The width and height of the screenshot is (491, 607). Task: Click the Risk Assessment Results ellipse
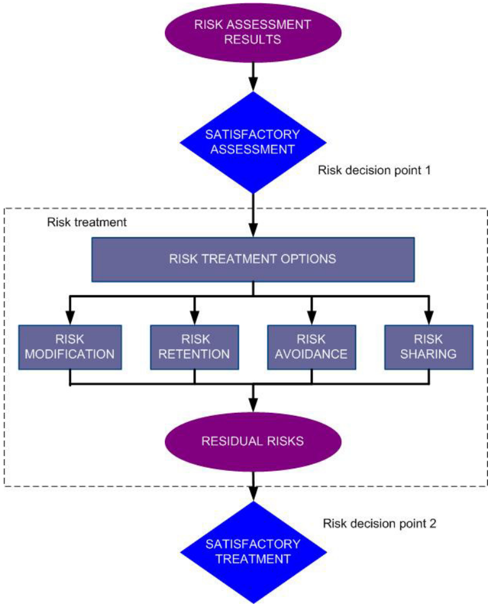click(253, 33)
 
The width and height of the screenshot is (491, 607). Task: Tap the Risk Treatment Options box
click(253, 259)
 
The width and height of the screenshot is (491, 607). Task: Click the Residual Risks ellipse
click(253, 441)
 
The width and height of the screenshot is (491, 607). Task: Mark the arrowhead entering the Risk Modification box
click(69, 318)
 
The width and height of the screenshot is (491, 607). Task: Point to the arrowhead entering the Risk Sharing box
click(429, 318)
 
